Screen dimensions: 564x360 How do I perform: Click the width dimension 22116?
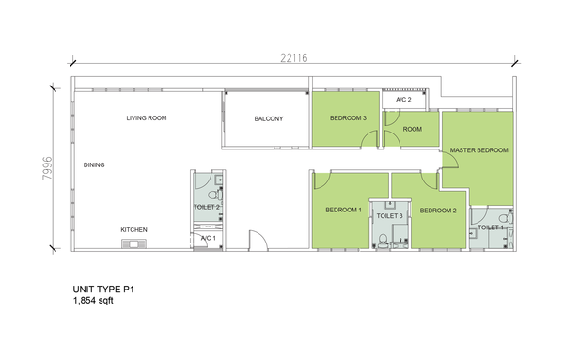294,58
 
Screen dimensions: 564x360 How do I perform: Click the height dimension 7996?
48,168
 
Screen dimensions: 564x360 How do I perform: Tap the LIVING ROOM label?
147,117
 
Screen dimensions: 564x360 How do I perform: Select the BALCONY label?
269,118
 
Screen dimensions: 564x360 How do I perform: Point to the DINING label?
94,165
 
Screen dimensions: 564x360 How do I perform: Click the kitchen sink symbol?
133,244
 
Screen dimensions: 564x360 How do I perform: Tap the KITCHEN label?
133,229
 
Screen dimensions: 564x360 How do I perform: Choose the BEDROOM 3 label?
348,117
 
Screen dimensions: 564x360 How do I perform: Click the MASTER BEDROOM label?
479,150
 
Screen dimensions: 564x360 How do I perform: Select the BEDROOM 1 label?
343,210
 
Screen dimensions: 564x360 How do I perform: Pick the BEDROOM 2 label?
438,211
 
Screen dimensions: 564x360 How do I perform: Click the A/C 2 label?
403,100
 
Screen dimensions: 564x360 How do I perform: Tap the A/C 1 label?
209,238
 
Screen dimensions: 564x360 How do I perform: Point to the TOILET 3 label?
389,216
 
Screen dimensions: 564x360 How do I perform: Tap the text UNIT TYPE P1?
103,290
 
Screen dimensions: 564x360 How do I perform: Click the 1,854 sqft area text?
93,301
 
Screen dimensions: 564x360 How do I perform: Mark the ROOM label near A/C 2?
413,129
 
